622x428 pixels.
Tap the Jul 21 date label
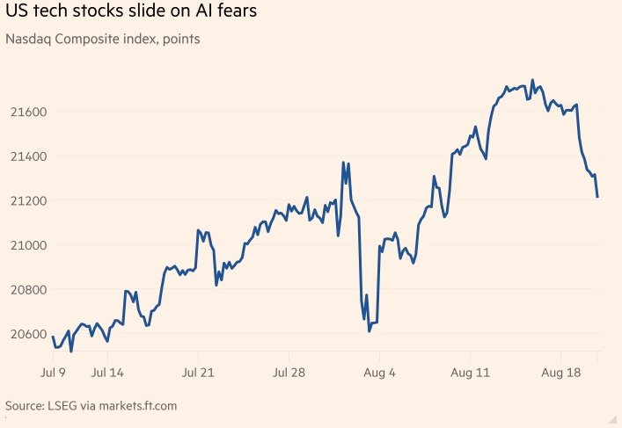coord(198,373)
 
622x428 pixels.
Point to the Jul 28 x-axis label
coord(289,373)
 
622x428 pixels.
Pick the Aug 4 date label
coord(380,373)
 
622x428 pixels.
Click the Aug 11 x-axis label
coord(472,373)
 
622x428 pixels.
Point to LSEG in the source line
coord(68,406)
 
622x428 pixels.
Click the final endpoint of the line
coord(597,197)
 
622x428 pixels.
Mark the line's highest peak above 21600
coord(532,80)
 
